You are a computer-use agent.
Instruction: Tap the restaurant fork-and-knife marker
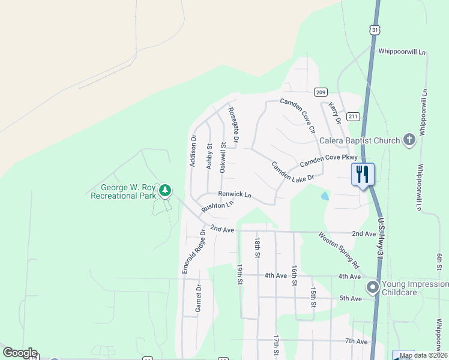click(x=363, y=175)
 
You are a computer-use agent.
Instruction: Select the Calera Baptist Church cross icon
click(x=409, y=140)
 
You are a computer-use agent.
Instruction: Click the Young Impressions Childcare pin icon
click(x=373, y=287)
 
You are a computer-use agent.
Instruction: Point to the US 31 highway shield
click(x=375, y=29)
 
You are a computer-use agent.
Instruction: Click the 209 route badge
click(x=320, y=92)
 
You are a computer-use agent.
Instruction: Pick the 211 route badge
click(x=353, y=116)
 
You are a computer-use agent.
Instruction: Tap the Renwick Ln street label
click(x=234, y=194)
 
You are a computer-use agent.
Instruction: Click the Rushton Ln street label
click(x=217, y=206)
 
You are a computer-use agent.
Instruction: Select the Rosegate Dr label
click(x=234, y=125)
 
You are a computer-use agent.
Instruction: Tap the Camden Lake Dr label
click(x=292, y=172)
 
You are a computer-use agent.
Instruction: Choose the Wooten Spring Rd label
click(x=339, y=250)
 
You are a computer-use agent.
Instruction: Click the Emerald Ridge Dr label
click(x=193, y=251)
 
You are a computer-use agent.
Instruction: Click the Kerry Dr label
click(x=334, y=112)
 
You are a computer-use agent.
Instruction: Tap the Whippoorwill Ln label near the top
click(x=402, y=52)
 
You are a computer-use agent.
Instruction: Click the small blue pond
click(x=325, y=196)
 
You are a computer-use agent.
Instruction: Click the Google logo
click(x=20, y=353)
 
